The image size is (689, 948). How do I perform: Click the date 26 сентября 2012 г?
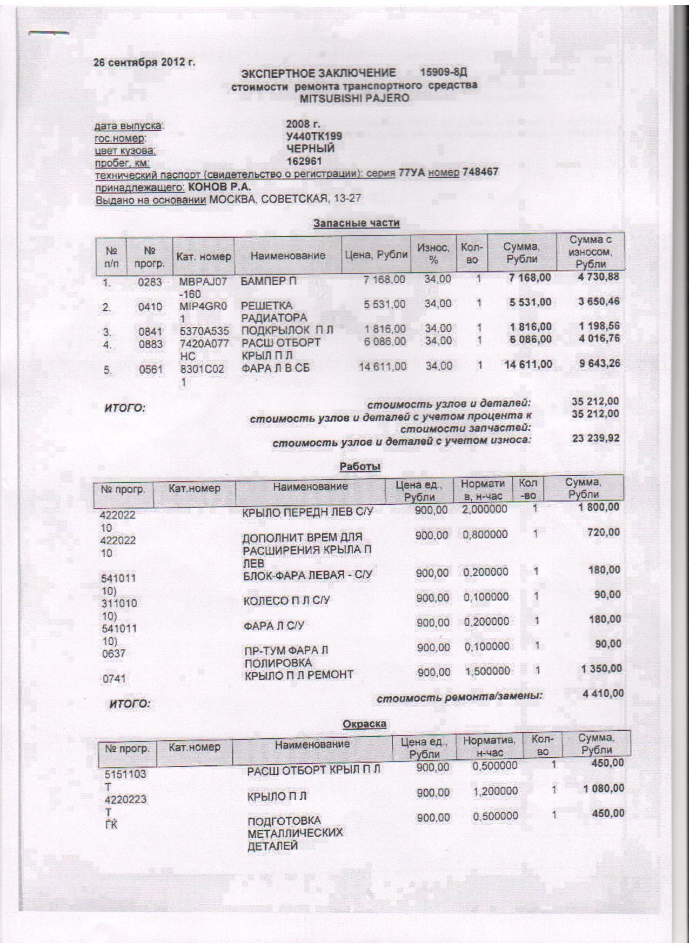145,62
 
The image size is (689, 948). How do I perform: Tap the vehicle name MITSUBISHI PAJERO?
354,98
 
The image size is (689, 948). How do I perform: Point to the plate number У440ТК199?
314,136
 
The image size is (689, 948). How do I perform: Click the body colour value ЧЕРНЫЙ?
311,149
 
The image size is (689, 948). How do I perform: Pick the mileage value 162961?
304,161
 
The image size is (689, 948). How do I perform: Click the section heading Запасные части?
357,223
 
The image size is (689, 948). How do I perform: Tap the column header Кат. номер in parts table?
203,256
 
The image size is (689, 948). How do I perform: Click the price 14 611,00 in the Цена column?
383,366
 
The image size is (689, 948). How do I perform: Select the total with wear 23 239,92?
596,438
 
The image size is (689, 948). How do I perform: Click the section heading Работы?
360,466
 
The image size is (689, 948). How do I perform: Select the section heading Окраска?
364,724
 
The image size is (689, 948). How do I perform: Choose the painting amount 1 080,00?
604,789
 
